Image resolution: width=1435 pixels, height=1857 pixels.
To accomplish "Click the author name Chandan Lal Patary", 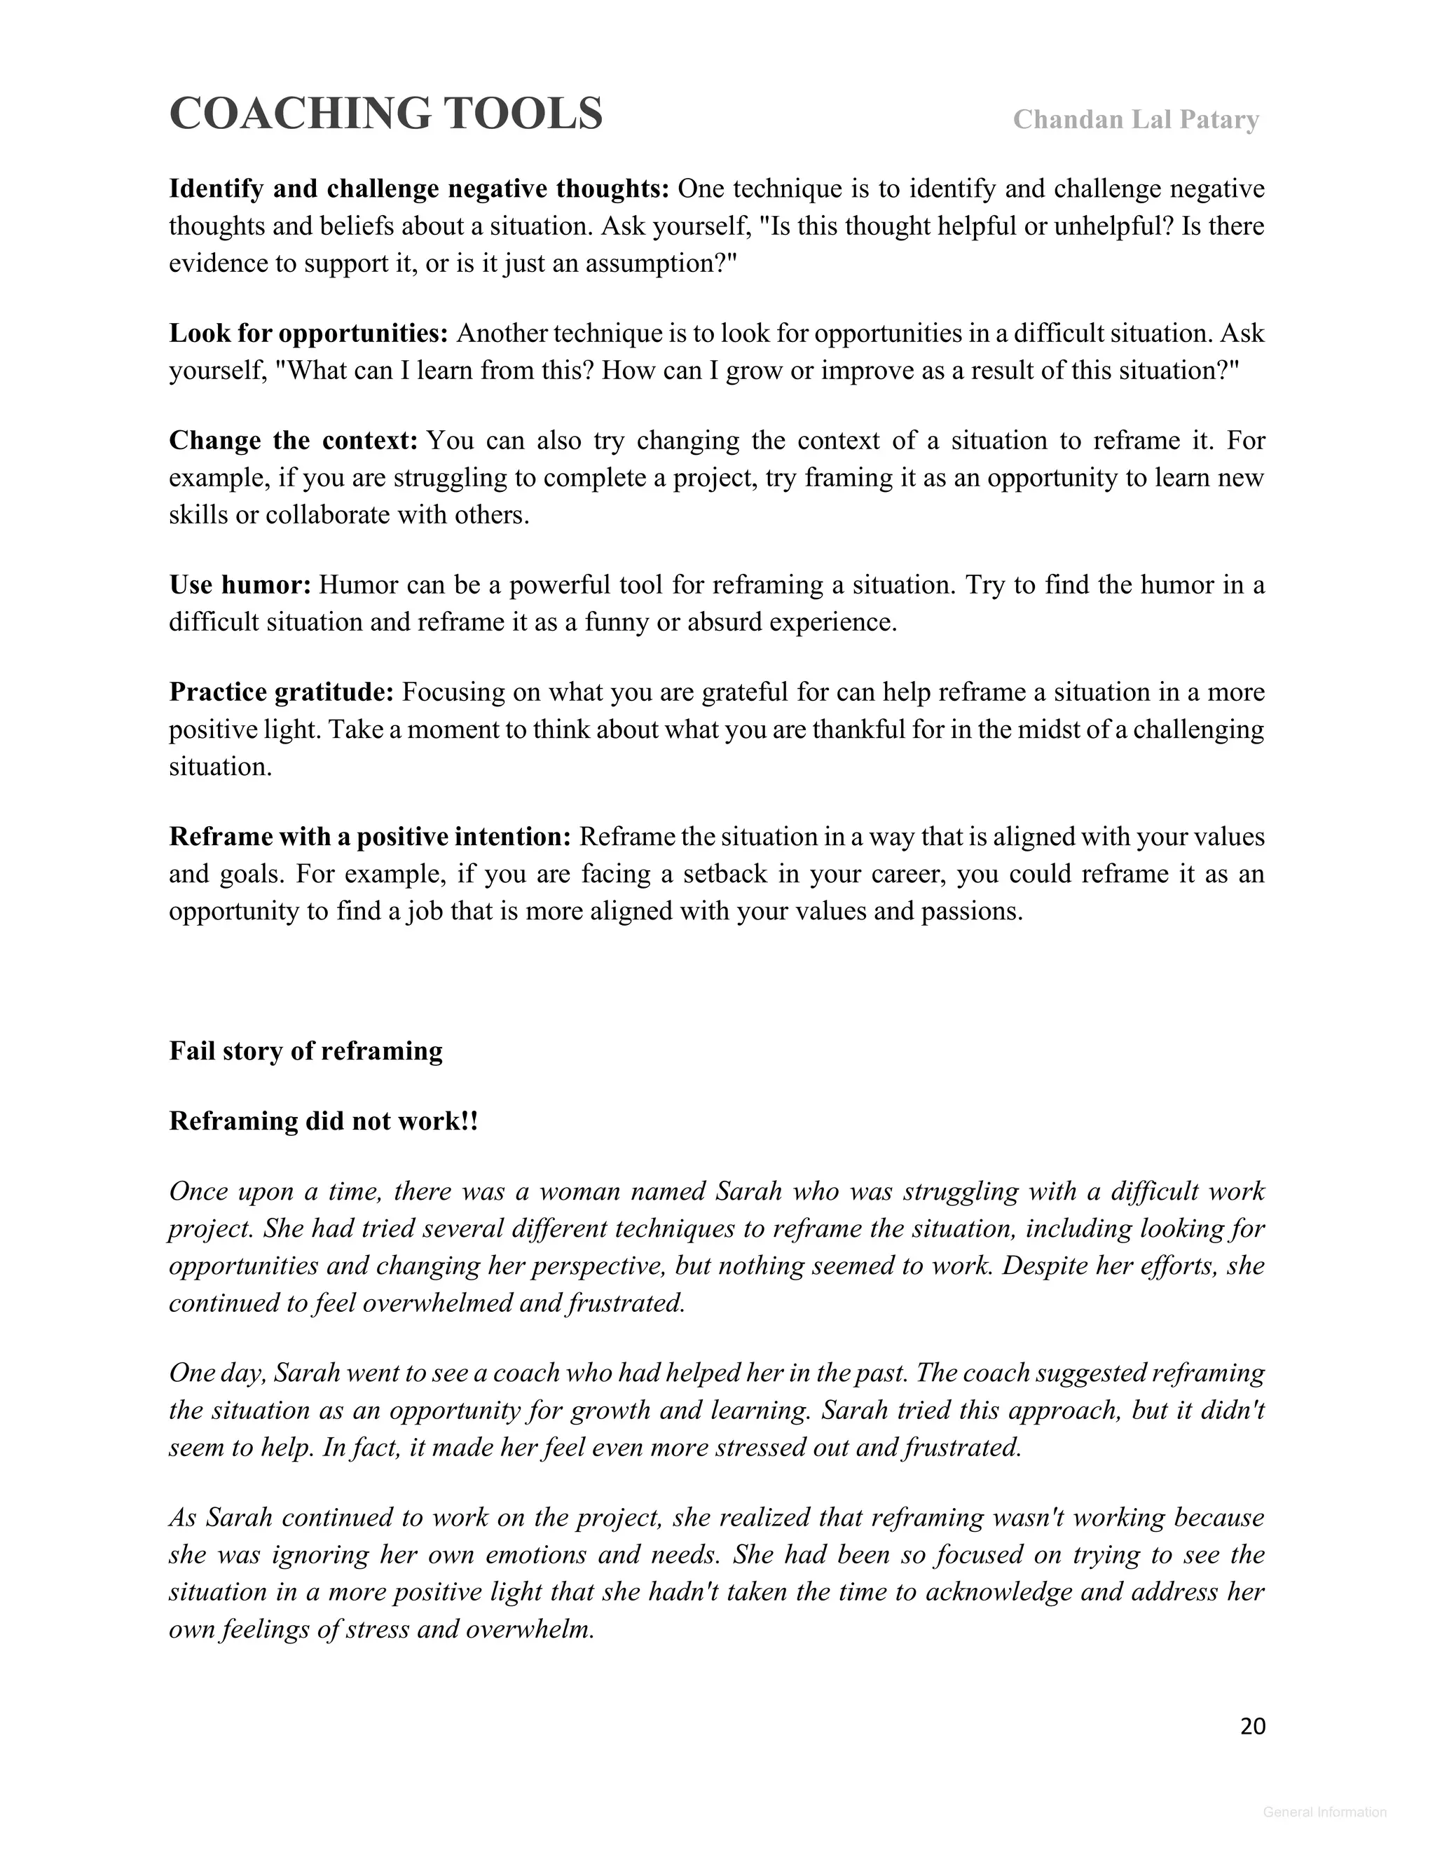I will tap(1135, 120).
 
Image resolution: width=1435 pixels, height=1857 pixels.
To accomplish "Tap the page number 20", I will tap(1252, 1726).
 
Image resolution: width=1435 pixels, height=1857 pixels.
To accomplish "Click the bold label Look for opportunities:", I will tap(308, 334).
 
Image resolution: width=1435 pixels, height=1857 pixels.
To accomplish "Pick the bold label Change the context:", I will tap(294, 441).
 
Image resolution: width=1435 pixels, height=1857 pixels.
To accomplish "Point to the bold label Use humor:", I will tap(240, 585).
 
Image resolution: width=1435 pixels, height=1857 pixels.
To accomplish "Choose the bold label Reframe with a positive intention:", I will tap(370, 837).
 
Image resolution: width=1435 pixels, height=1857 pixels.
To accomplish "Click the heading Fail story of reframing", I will tap(306, 1051).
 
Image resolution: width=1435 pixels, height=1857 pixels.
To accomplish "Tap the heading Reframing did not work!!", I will tap(324, 1121).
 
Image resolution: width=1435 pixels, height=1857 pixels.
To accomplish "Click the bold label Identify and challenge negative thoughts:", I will tap(419, 189).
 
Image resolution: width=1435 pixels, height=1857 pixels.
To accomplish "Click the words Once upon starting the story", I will tap(219, 1191).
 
